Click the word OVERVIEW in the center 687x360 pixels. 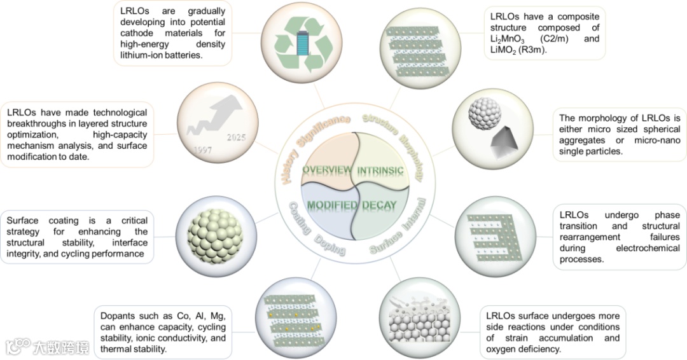tap(327, 170)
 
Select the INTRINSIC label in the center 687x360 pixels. tap(380, 171)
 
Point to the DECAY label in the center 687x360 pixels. tap(380, 205)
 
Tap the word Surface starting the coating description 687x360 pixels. tap(24, 221)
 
